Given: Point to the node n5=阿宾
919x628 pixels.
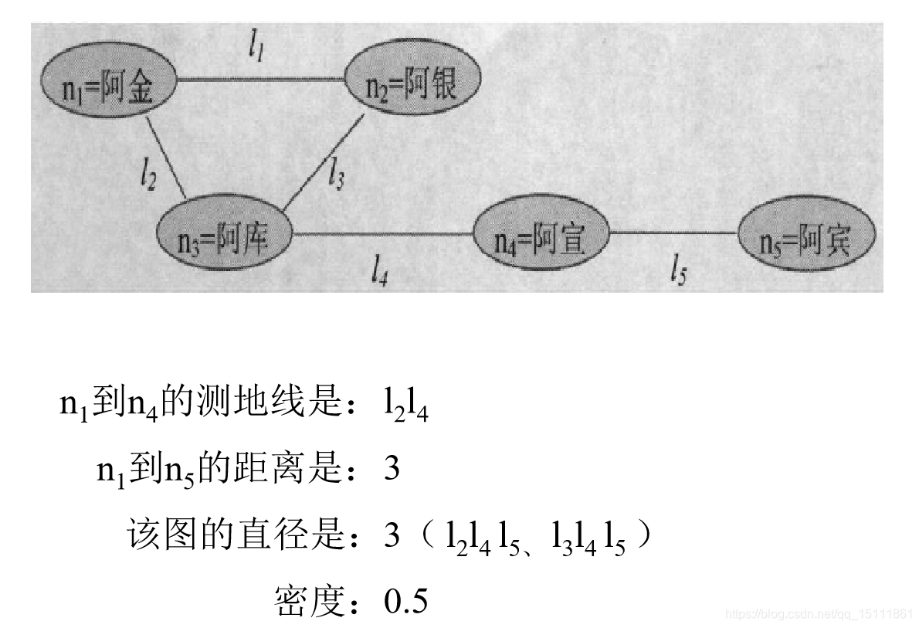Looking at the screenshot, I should pos(806,241).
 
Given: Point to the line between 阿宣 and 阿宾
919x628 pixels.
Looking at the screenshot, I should pos(673,232).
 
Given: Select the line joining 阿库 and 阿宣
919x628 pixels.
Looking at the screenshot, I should pos(382,233).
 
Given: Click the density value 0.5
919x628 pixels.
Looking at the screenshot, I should pos(406,602).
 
